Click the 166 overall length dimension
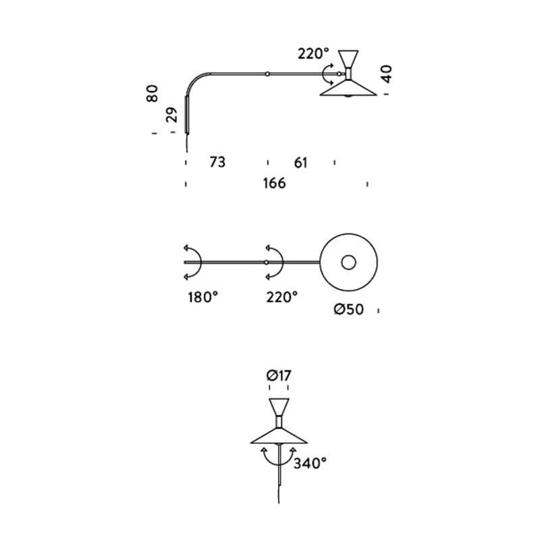274,183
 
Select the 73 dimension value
217,162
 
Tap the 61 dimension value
301,162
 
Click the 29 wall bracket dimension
173,115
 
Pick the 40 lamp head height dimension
386,73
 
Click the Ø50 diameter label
349,310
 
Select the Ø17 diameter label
279,376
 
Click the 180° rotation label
202,296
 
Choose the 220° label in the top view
281,296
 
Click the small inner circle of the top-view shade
349,262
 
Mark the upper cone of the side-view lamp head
349,59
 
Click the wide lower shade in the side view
348,88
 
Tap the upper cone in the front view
279,408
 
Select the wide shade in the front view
279,436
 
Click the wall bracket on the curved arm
186,115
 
